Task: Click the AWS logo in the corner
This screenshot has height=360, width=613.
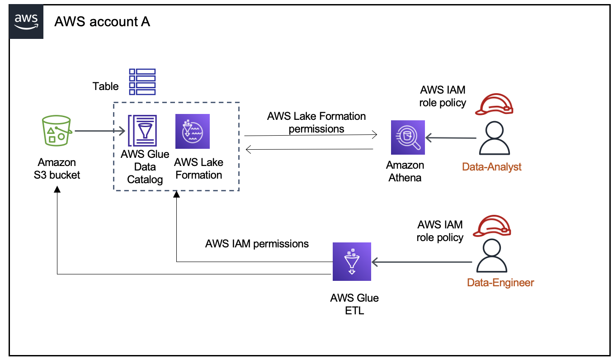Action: [27, 21]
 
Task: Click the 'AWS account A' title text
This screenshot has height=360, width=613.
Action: [102, 22]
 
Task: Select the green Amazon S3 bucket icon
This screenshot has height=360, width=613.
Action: [57, 131]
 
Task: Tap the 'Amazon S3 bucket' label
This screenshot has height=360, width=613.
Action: [57, 169]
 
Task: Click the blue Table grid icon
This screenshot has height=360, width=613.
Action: [142, 81]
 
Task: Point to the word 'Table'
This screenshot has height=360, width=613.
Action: [105, 86]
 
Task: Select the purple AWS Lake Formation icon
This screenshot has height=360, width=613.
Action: [193, 131]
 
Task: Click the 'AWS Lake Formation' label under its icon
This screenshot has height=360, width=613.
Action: [198, 169]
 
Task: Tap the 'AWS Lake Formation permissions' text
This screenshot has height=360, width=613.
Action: [316, 123]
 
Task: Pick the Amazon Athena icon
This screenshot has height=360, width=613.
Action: [408, 137]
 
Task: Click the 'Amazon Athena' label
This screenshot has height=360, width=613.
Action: [406, 171]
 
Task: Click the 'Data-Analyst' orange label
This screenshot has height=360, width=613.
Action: [491, 167]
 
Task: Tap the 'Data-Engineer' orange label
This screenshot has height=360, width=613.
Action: [500, 283]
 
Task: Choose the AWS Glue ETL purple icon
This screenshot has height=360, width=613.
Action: [351, 261]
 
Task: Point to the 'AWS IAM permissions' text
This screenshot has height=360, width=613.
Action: [257, 244]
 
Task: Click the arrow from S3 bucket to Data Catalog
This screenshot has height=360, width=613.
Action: [100, 131]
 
